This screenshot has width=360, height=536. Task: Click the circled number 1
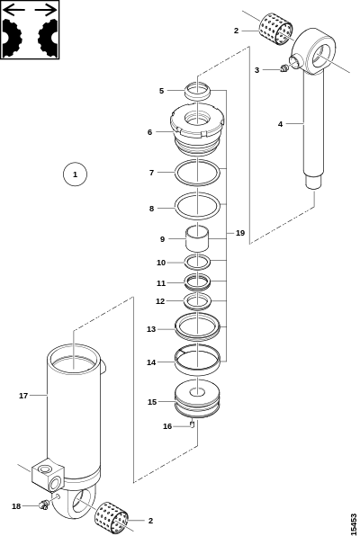[x=76, y=174]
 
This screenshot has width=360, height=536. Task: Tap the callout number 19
[x=240, y=233]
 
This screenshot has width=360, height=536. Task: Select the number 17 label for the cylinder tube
[x=23, y=396]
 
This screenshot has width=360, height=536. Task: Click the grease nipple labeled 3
[x=283, y=68]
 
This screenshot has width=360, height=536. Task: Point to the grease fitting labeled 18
[x=43, y=505]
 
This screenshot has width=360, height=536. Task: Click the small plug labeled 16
[x=193, y=424]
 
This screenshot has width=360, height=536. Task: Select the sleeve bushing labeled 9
[x=197, y=238]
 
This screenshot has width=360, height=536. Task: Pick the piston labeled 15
[x=197, y=398]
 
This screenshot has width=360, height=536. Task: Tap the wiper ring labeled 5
[x=197, y=91]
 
